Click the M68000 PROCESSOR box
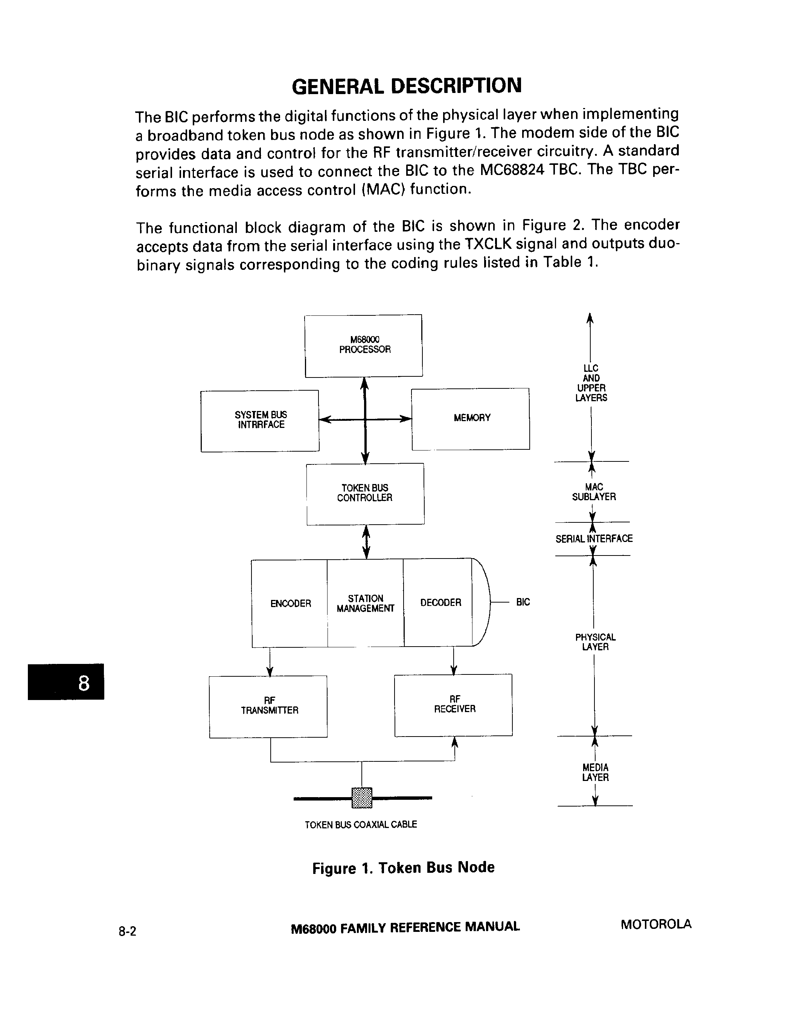[364, 346]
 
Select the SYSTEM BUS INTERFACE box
[260, 421]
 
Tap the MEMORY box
[471, 419]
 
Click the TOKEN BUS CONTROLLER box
[365, 493]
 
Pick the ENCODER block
[290, 603]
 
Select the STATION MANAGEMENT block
[366, 603]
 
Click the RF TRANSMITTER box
[268, 706]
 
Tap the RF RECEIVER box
[454, 705]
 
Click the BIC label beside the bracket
[523, 602]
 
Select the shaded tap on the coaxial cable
[362, 798]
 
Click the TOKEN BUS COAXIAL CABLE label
[361, 825]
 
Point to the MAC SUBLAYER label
[593, 492]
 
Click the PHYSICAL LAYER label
[595, 642]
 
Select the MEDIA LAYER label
[595, 772]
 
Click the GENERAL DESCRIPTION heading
[407, 86]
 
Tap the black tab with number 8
[66, 682]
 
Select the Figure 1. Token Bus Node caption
[403, 868]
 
